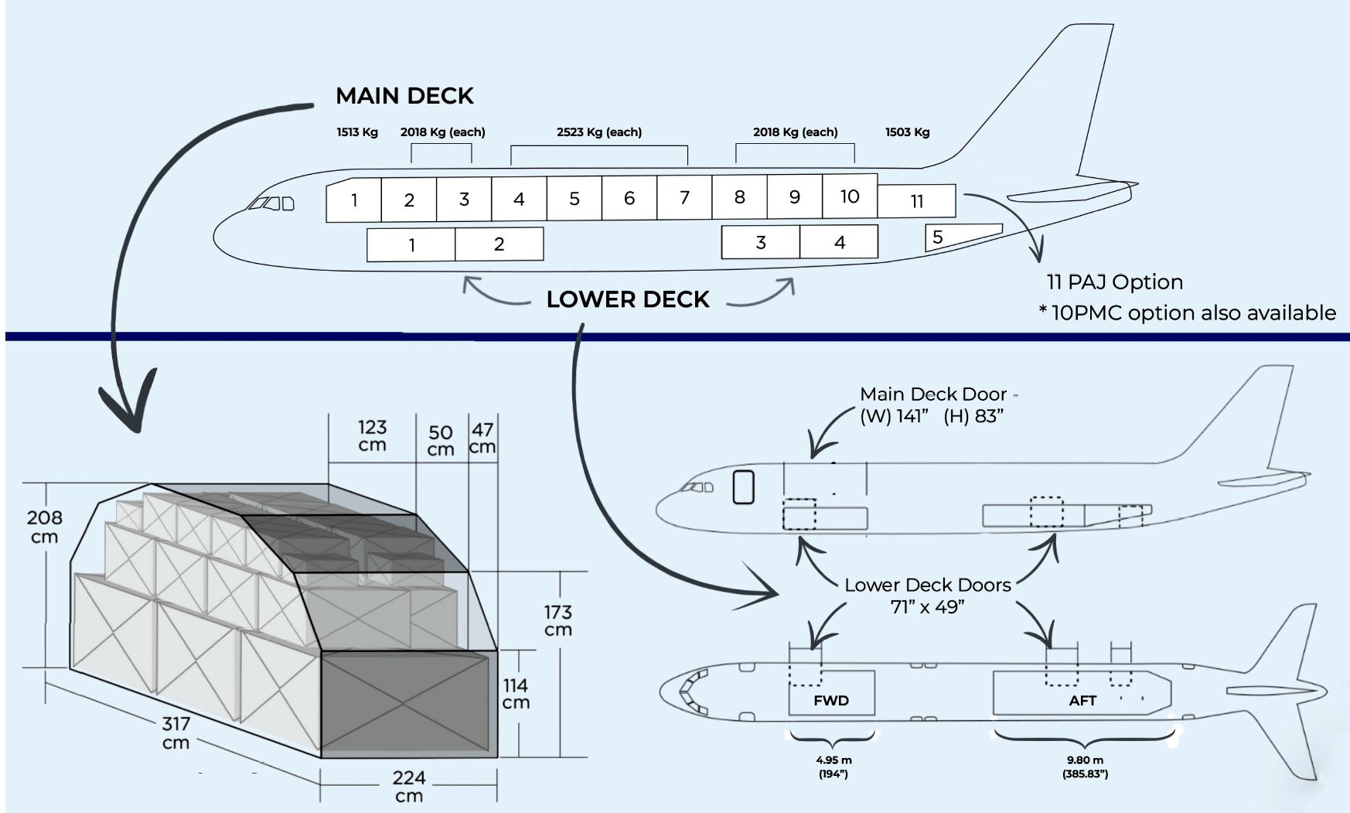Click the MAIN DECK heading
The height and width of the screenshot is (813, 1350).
(x=404, y=96)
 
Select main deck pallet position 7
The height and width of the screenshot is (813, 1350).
(x=684, y=198)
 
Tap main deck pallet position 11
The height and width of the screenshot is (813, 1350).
(x=917, y=201)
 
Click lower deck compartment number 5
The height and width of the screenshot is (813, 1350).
(x=937, y=237)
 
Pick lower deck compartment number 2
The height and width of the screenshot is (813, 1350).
(x=499, y=244)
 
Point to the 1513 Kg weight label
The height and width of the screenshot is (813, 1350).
(x=357, y=132)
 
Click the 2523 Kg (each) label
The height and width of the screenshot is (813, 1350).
(x=599, y=132)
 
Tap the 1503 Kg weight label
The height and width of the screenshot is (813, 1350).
(x=907, y=132)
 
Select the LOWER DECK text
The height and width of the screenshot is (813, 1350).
(x=627, y=299)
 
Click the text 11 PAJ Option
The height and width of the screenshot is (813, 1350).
(x=1114, y=282)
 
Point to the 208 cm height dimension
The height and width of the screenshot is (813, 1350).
(x=44, y=527)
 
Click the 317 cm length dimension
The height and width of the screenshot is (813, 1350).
(x=176, y=733)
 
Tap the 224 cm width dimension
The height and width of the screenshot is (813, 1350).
(x=408, y=786)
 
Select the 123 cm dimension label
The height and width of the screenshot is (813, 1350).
(x=372, y=436)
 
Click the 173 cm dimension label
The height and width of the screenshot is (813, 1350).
(x=557, y=620)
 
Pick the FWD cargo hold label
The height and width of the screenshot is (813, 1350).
(x=831, y=701)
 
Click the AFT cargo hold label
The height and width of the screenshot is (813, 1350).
(x=1082, y=701)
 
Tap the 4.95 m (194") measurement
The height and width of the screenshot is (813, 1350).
(x=834, y=767)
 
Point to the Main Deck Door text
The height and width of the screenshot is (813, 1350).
(x=933, y=395)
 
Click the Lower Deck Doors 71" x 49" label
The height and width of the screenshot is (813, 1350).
(x=927, y=596)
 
